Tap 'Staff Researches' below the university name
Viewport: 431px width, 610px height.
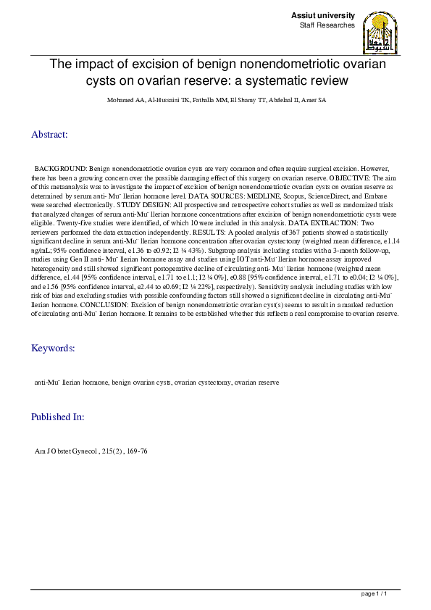tap(327, 25)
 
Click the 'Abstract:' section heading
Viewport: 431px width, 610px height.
tap(49, 134)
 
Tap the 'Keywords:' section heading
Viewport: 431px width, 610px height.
tap(53, 348)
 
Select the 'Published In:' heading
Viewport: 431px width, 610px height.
tap(58, 417)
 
